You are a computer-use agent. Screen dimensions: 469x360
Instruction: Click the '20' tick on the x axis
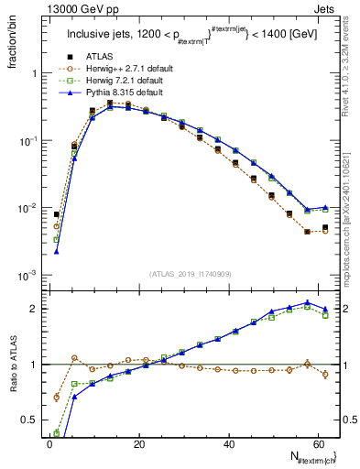(x=138, y=443)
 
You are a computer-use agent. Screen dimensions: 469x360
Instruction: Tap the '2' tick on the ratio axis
(x=35, y=309)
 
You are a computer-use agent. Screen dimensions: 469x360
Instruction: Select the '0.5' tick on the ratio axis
(x=30, y=420)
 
